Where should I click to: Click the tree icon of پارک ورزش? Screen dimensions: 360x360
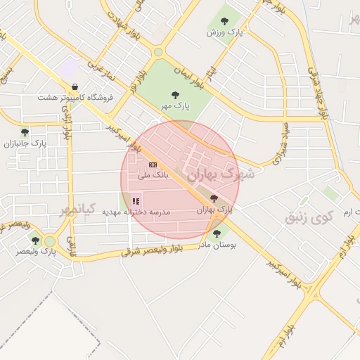point(224,21)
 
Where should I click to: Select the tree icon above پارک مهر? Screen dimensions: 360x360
point(174,94)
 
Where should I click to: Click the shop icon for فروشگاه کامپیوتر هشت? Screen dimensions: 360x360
point(75,87)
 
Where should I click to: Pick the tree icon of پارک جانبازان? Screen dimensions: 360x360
point(25,131)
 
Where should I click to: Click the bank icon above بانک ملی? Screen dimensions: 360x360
point(153,165)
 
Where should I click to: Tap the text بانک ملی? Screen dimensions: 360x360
point(152,175)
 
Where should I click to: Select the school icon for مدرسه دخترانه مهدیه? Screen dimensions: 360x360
point(136,201)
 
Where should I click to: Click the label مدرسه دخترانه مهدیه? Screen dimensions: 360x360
point(137,212)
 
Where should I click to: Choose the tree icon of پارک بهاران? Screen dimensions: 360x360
point(214,198)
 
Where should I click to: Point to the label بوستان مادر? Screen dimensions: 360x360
point(217,245)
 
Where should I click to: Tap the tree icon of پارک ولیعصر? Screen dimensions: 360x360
point(36,240)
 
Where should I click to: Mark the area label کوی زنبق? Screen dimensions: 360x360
point(307,218)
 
